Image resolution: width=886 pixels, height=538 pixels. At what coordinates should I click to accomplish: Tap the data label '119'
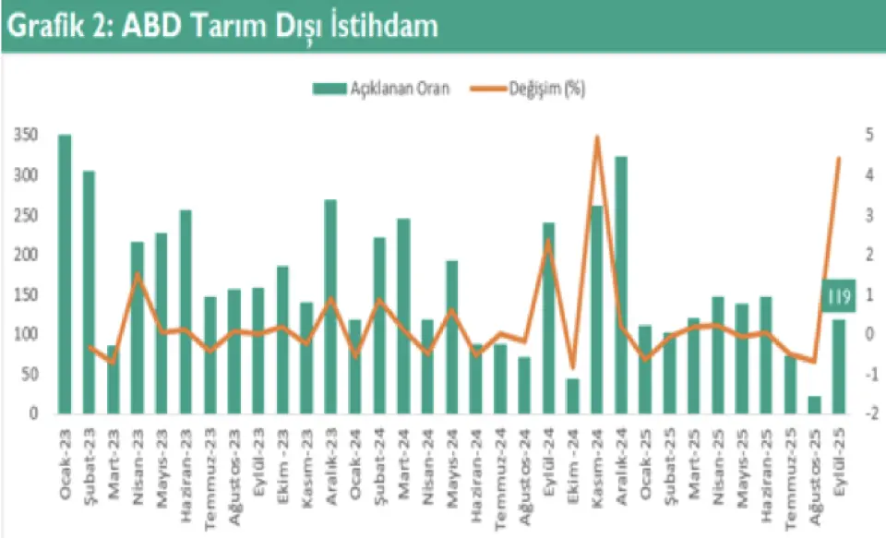837,297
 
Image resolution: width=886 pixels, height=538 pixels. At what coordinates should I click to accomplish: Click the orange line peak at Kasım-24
597,137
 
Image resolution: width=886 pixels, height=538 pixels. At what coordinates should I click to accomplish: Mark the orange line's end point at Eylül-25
839,159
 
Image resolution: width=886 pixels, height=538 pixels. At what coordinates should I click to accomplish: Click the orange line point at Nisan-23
138,274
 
